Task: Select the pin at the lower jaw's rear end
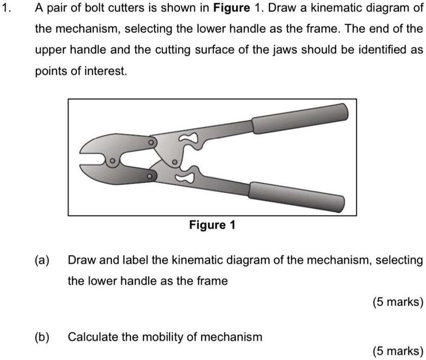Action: [149, 177]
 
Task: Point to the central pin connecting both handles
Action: [173, 162]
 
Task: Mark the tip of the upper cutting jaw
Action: [83, 150]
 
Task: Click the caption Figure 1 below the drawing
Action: [212, 226]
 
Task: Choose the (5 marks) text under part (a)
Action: [398, 302]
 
